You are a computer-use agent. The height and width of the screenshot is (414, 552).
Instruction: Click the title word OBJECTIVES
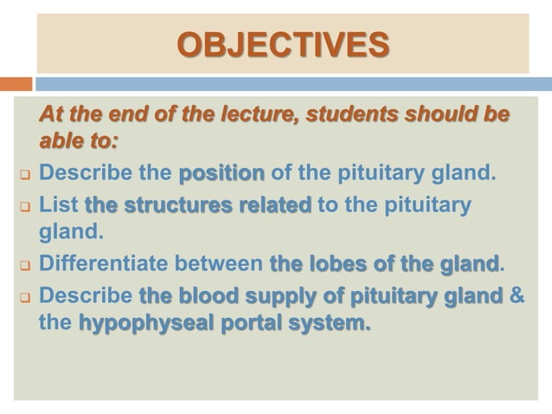coord(282,44)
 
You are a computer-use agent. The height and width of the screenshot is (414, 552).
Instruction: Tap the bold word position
coord(221,173)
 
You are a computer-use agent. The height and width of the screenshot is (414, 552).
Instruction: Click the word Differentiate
coord(109,262)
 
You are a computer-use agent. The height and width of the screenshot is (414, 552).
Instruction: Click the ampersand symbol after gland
coord(517,294)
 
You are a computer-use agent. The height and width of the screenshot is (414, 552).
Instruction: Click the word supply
coord(291,294)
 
